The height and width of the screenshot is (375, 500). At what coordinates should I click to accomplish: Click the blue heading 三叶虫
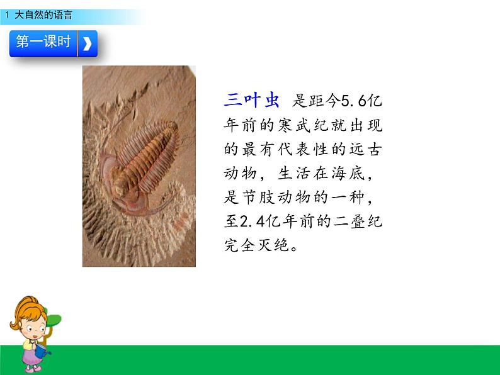point(252,99)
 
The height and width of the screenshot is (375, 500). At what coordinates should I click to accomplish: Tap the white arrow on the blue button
point(87,43)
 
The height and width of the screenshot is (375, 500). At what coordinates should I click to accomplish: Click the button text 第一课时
point(43,42)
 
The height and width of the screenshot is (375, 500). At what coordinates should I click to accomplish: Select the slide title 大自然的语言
point(43,14)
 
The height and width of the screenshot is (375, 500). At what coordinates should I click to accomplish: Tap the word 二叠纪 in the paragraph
point(358,221)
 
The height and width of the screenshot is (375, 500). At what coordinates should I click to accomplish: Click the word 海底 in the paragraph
point(348,174)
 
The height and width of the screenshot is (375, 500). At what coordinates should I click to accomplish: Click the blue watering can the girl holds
point(42,350)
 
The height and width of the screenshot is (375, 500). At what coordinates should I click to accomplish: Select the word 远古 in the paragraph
point(365,149)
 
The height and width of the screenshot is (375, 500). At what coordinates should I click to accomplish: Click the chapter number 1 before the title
point(7,14)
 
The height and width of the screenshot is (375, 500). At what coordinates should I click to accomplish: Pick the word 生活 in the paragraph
point(294,174)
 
